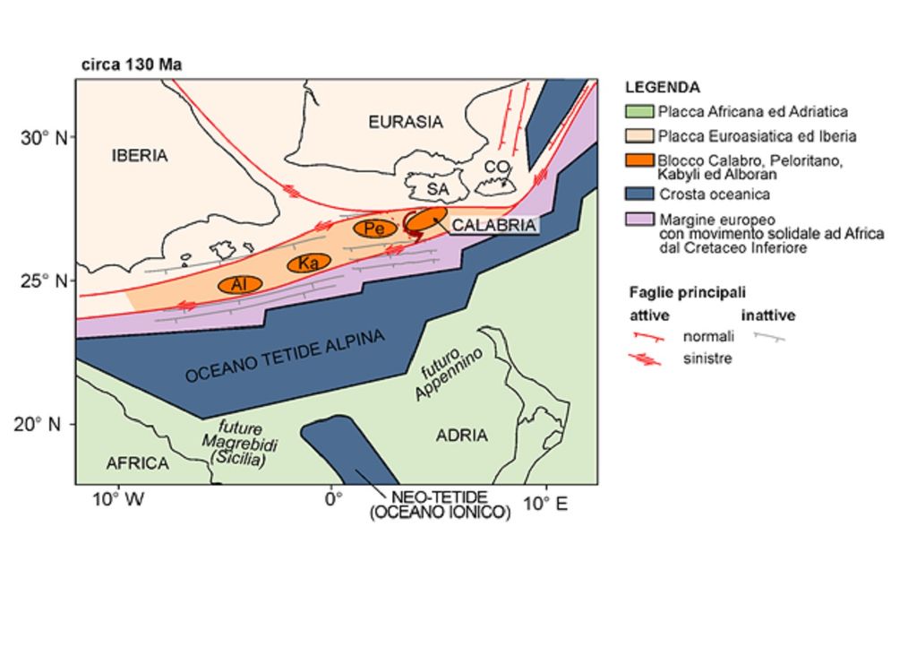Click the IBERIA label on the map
(140, 155)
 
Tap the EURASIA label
(406, 122)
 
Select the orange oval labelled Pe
(375, 229)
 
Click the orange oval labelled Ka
(309, 263)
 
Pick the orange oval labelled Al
(239, 284)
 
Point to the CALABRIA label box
(493, 225)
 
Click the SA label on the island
(437, 189)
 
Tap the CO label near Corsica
(496, 167)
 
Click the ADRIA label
(461, 436)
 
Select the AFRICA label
(137, 463)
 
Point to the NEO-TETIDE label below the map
(440, 497)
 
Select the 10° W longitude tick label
(118, 503)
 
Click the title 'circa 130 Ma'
(132, 65)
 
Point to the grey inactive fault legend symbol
(768, 337)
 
